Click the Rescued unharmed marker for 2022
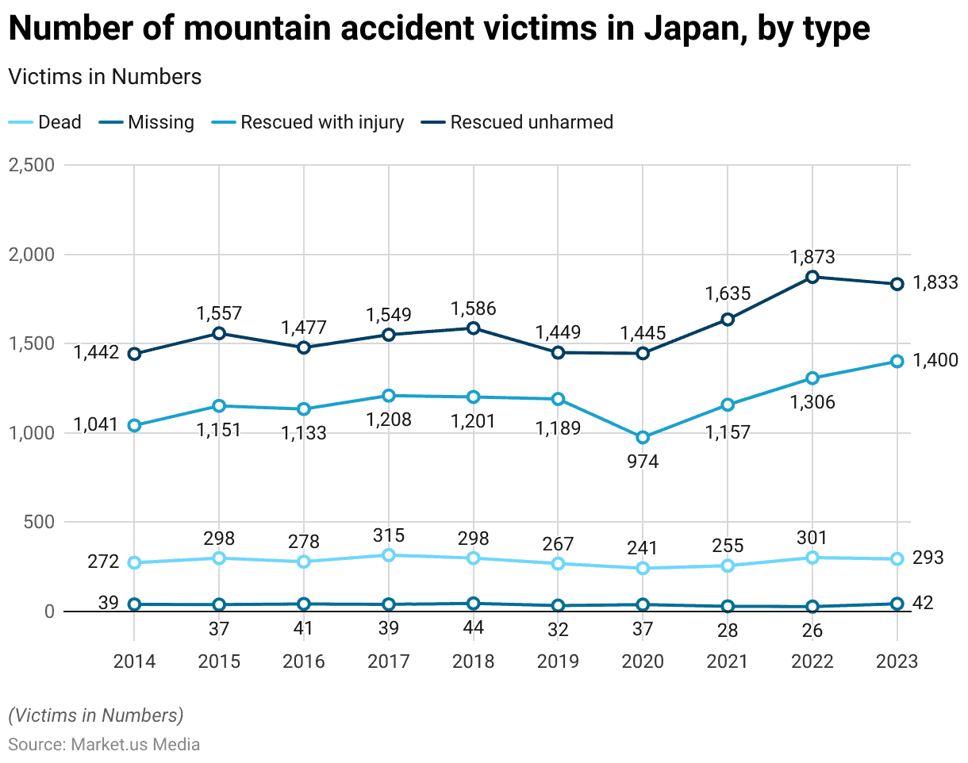click(x=812, y=277)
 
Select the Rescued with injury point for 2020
click(x=643, y=437)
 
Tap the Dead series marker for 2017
click(x=388, y=555)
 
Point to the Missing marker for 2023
click(x=897, y=604)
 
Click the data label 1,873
click(x=812, y=257)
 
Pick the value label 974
click(x=643, y=462)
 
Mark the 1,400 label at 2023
click(x=936, y=360)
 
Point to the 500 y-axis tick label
click(x=40, y=523)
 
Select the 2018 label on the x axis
click(x=473, y=661)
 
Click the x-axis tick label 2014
click(x=134, y=661)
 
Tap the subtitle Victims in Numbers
click(x=105, y=77)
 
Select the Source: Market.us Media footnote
click(x=104, y=745)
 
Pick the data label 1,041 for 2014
click(x=96, y=424)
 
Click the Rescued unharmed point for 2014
click(x=134, y=354)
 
